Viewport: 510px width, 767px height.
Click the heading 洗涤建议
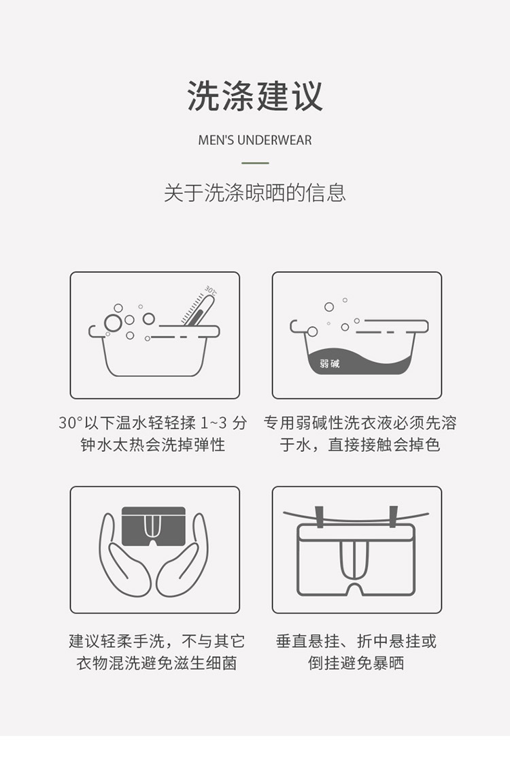click(x=255, y=96)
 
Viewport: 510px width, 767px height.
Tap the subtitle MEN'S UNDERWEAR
click(x=255, y=140)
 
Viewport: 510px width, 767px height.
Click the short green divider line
click(x=255, y=163)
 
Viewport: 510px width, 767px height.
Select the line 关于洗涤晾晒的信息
click(x=255, y=193)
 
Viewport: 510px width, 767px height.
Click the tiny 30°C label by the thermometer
click(x=211, y=291)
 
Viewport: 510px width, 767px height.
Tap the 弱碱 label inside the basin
click(x=330, y=363)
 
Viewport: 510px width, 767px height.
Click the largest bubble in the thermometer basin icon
click(x=113, y=323)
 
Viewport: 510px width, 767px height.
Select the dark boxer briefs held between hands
click(x=154, y=526)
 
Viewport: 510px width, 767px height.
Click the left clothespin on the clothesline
click(x=320, y=517)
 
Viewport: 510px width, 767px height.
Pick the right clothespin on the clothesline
click(x=392, y=517)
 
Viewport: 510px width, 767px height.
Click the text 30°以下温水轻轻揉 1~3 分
click(x=152, y=423)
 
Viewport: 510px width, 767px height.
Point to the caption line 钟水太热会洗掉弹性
click(x=152, y=444)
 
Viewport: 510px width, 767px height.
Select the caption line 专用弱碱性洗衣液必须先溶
click(x=360, y=423)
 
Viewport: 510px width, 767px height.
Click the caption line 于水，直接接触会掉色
click(x=360, y=444)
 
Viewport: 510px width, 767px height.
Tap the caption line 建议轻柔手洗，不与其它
click(x=156, y=641)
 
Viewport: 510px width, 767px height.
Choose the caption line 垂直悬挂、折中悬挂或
click(x=356, y=641)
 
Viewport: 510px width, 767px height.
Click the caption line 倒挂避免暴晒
click(x=356, y=663)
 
